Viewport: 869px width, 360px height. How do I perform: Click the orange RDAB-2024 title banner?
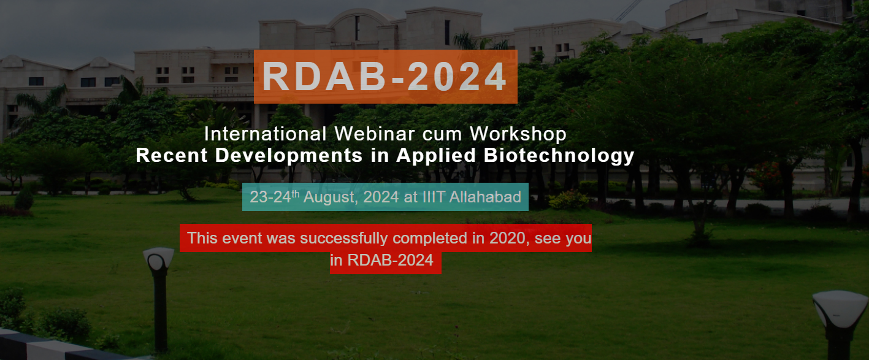[x=385, y=77]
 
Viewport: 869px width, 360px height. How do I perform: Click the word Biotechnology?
[x=559, y=155]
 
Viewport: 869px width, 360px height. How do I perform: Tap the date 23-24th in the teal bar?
[x=274, y=197]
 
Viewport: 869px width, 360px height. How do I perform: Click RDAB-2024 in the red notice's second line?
[x=390, y=260]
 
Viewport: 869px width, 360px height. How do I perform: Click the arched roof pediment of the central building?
[x=356, y=18]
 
